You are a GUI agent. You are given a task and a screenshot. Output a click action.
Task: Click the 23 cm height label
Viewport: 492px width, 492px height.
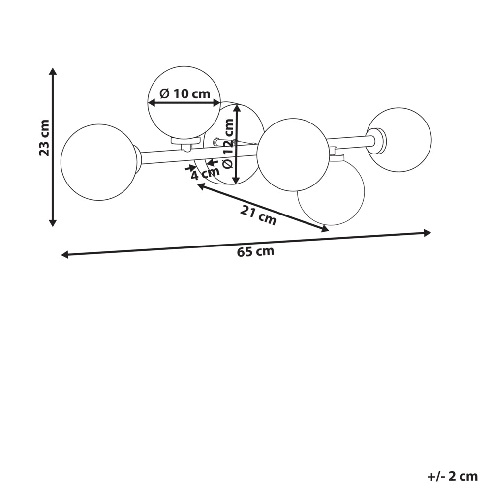click(x=44, y=137)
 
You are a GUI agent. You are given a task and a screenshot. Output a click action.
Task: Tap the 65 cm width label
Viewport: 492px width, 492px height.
click(x=255, y=251)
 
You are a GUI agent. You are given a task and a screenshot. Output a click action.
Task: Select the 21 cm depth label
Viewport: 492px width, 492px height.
click(x=258, y=215)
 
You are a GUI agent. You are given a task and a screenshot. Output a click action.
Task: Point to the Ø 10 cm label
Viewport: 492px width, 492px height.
click(x=184, y=93)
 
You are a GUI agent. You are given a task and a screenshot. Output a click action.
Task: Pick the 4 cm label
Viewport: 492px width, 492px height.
click(x=205, y=173)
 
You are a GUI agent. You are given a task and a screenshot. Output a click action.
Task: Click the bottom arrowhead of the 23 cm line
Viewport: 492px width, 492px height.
click(x=53, y=223)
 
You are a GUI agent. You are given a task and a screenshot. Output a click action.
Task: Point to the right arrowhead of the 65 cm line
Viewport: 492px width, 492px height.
click(x=427, y=233)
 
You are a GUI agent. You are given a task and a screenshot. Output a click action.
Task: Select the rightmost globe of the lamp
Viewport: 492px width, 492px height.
click(x=400, y=140)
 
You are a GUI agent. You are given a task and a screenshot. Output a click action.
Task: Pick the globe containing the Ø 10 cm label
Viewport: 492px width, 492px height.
click(x=184, y=102)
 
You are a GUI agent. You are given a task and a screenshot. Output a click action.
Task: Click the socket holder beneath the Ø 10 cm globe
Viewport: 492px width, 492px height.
click(x=186, y=143)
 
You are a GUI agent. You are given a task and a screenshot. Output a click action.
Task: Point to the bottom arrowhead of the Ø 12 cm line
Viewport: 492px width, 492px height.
click(x=237, y=181)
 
